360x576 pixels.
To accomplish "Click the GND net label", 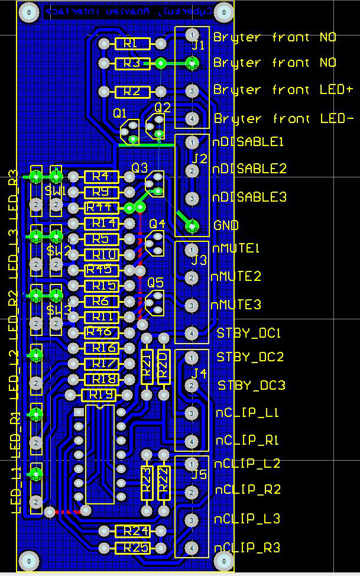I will click(x=226, y=225).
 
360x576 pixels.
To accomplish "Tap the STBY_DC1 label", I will click(x=248, y=332).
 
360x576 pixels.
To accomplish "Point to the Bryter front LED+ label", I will click(x=283, y=90).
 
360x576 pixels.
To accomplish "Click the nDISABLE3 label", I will click(x=249, y=197).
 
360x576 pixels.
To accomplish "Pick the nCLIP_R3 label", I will click(x=247, y=548).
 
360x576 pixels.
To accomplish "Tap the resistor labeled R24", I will click(x=132, y=530).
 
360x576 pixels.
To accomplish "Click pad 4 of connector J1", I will click(x=192, y=118).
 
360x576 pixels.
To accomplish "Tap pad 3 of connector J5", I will click(x=192, y=520).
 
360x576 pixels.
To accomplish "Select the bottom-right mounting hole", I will click(x=223, y=560).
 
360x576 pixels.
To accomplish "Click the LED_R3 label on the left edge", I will click(x=13, y=192).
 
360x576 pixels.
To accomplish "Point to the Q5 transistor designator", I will click(x=155, y=283).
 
